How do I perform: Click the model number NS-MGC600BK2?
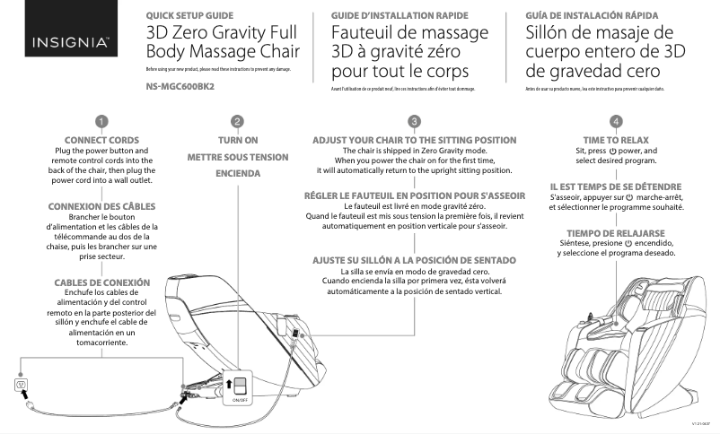click(x=182, y=88)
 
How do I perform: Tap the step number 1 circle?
click(x=102, y=121)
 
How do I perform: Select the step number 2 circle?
click(x=237, y=121)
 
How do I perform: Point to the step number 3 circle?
click(x=414, y=121)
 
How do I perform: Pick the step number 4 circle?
click(x=616, y=121)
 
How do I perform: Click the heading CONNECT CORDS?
click(x=102, y=140)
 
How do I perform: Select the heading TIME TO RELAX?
click(x=616, y=140)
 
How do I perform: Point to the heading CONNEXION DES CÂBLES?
click(x=101, y=206)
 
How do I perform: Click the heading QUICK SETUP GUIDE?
click(x=189, y=16)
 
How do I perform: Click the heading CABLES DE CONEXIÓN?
click(x=101, y=282)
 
